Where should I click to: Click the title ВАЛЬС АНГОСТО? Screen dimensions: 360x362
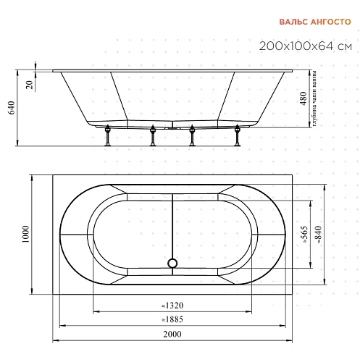click(x=315, y=22)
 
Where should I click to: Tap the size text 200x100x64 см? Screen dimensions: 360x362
click(x=306, y=46)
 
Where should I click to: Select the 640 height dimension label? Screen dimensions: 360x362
click(x=12, y=108)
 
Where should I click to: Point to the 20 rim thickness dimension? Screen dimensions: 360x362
click(x=30, y=85)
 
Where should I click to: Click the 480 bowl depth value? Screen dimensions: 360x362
click(x=304, y=98)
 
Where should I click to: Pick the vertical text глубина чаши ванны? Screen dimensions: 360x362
click(x=314, y=98)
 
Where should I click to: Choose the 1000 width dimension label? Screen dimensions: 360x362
click(x=25, y=235)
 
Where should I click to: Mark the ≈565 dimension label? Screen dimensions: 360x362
click(x=305, y=235)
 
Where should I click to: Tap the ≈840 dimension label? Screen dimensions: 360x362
click(x=318, y=235)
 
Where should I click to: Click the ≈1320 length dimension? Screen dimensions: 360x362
click(x=172, y=306)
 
